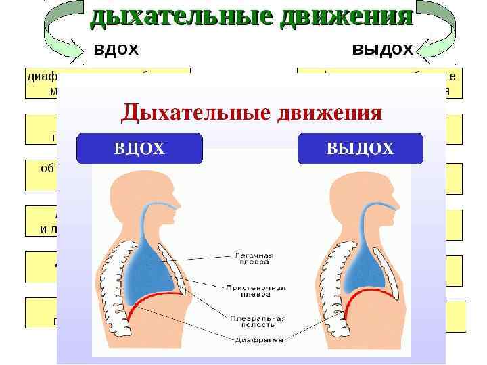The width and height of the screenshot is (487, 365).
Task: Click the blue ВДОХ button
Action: (139, 149)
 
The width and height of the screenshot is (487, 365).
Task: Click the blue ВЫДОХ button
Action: (361, 149)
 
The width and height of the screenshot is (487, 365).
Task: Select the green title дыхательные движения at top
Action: (252, 16)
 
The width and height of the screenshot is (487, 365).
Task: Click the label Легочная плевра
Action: (254, 259)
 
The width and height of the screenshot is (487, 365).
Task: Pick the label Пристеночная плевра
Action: (260, 291)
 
